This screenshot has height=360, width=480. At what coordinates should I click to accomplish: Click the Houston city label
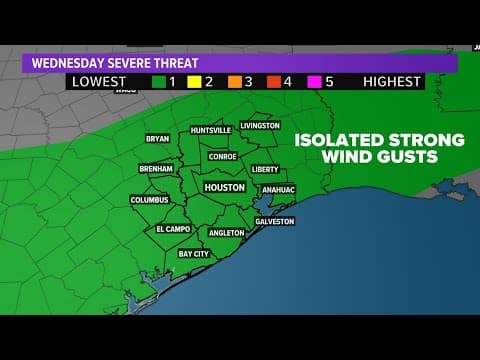pyautogui.click(x=224, y=187)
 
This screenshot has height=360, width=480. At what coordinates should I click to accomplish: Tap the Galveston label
pyautogui.click(x=274, y=221)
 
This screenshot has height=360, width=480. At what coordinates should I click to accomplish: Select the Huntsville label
pyautogui.click(x=211, y=130)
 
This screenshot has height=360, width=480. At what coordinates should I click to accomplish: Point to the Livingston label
pyautogui.click(x=260, y=126)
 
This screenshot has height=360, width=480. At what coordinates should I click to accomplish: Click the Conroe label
pyautogui.click(x=222, y=156)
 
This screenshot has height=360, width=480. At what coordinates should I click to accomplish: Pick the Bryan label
pyautogui.click(x=157, y=139)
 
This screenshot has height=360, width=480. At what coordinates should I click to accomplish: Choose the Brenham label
pyautogui.click(x=155, y=169)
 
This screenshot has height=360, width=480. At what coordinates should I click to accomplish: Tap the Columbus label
pyautogui.click(x=149, y=200)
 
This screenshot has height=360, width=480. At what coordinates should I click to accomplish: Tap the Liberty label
pyautogui.click(x=265, y=169)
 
